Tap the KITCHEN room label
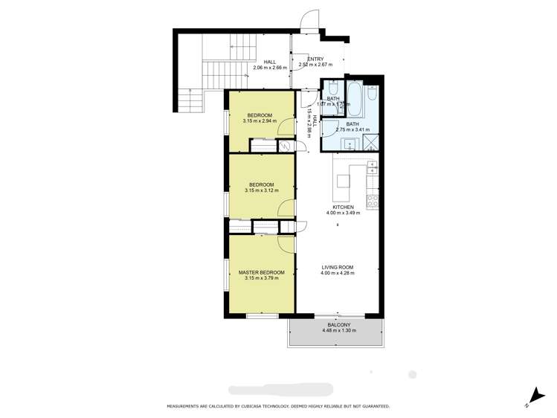click(343, 207)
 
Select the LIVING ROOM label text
click(337, 267)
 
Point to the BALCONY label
click(339, 324)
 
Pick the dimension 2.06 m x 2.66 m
click(269, 68)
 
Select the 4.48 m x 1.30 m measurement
click(339, 330)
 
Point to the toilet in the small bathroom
click(332, 87)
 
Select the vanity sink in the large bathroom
click(348, 144)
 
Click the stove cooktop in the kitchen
click(372, 200)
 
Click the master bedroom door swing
click(286, 243)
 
